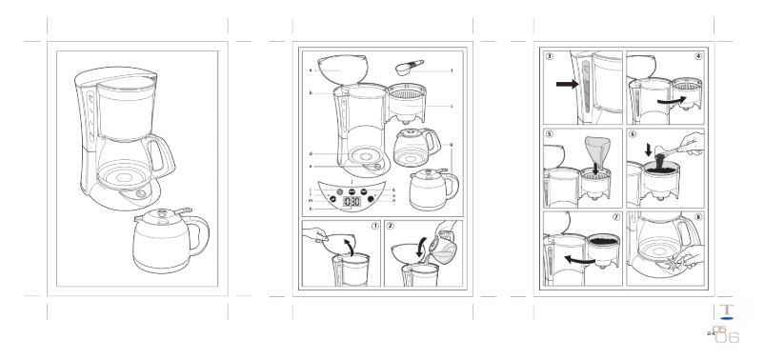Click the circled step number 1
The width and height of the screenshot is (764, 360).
375,227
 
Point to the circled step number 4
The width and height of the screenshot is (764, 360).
698,57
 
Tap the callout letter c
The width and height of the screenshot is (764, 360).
451,106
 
